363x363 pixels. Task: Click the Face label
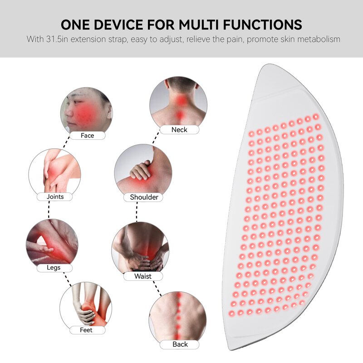pos(87,135)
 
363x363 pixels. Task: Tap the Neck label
pos(179,130)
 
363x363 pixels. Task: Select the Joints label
pos(55,197)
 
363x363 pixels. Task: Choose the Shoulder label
pos(144,197)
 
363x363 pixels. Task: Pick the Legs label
pos(54,268)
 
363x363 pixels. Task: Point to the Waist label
pos(143,276)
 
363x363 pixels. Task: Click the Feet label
pos(86,330)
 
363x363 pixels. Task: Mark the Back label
pos(180,344)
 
